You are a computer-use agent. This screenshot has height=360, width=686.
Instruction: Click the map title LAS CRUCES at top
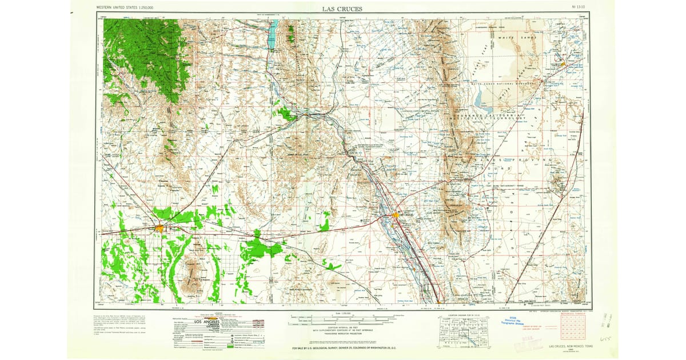coord(342,9)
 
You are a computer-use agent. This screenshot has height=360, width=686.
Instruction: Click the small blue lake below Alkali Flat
coord(479,101)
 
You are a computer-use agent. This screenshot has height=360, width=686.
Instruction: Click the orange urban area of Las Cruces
coord(396,215)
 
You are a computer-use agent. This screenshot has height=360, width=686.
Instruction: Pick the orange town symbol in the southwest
coord(159,229)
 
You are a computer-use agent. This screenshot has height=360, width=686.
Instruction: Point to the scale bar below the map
coord(343,317)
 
